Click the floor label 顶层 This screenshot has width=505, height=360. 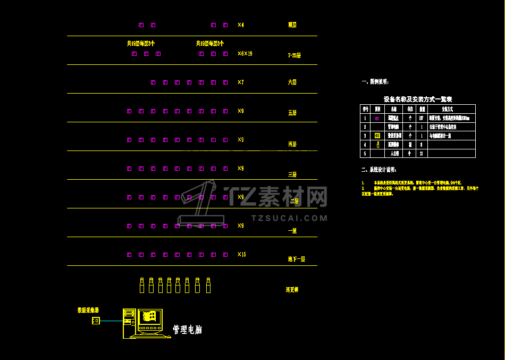click(x=292, y=25)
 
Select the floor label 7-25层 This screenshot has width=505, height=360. click(x=294, y=55)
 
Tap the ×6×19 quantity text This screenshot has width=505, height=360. click(x=245, y=54)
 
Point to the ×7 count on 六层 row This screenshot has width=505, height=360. click(x=240, y=82)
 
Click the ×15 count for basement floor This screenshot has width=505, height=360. click(x=241, y=255)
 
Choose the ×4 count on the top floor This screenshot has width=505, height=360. click(x=240, y=25)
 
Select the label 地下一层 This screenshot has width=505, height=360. click(x=296, y=259)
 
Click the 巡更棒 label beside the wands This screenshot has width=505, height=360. click(x=292, y=290)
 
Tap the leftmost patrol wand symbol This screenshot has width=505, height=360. click(x=142, y=285)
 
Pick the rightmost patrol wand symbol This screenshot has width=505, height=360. click(x=208, y=285)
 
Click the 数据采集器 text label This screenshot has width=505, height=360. click(x=88, y=310)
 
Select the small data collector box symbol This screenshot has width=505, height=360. click(x=96, y=321)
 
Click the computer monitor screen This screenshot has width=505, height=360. click(x=149, y=317)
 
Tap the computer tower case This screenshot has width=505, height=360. click(x=129, y=323)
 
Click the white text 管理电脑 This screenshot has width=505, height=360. click(x=187, y=330)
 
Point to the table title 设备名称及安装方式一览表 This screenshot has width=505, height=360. click(x=417, y=99)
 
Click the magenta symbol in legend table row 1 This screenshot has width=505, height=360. click(x=377, y=118)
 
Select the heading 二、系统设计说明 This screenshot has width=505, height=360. click(x=378, y=170)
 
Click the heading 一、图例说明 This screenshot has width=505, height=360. click(x=375, y=82)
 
